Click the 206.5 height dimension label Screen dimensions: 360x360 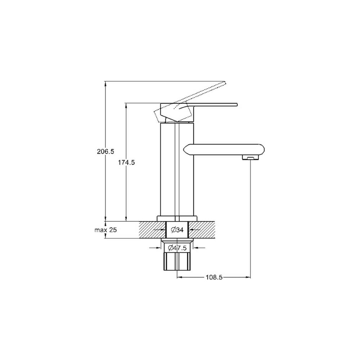coord(105,152)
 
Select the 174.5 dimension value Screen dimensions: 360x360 coord(126,163)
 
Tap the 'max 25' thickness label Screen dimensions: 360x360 coord(105,230)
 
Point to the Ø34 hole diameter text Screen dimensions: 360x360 coord(177,230)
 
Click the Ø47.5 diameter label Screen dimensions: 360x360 coord(177,248)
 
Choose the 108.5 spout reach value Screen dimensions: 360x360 coord(214,277)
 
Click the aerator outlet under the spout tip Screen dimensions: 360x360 coord(251,157)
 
